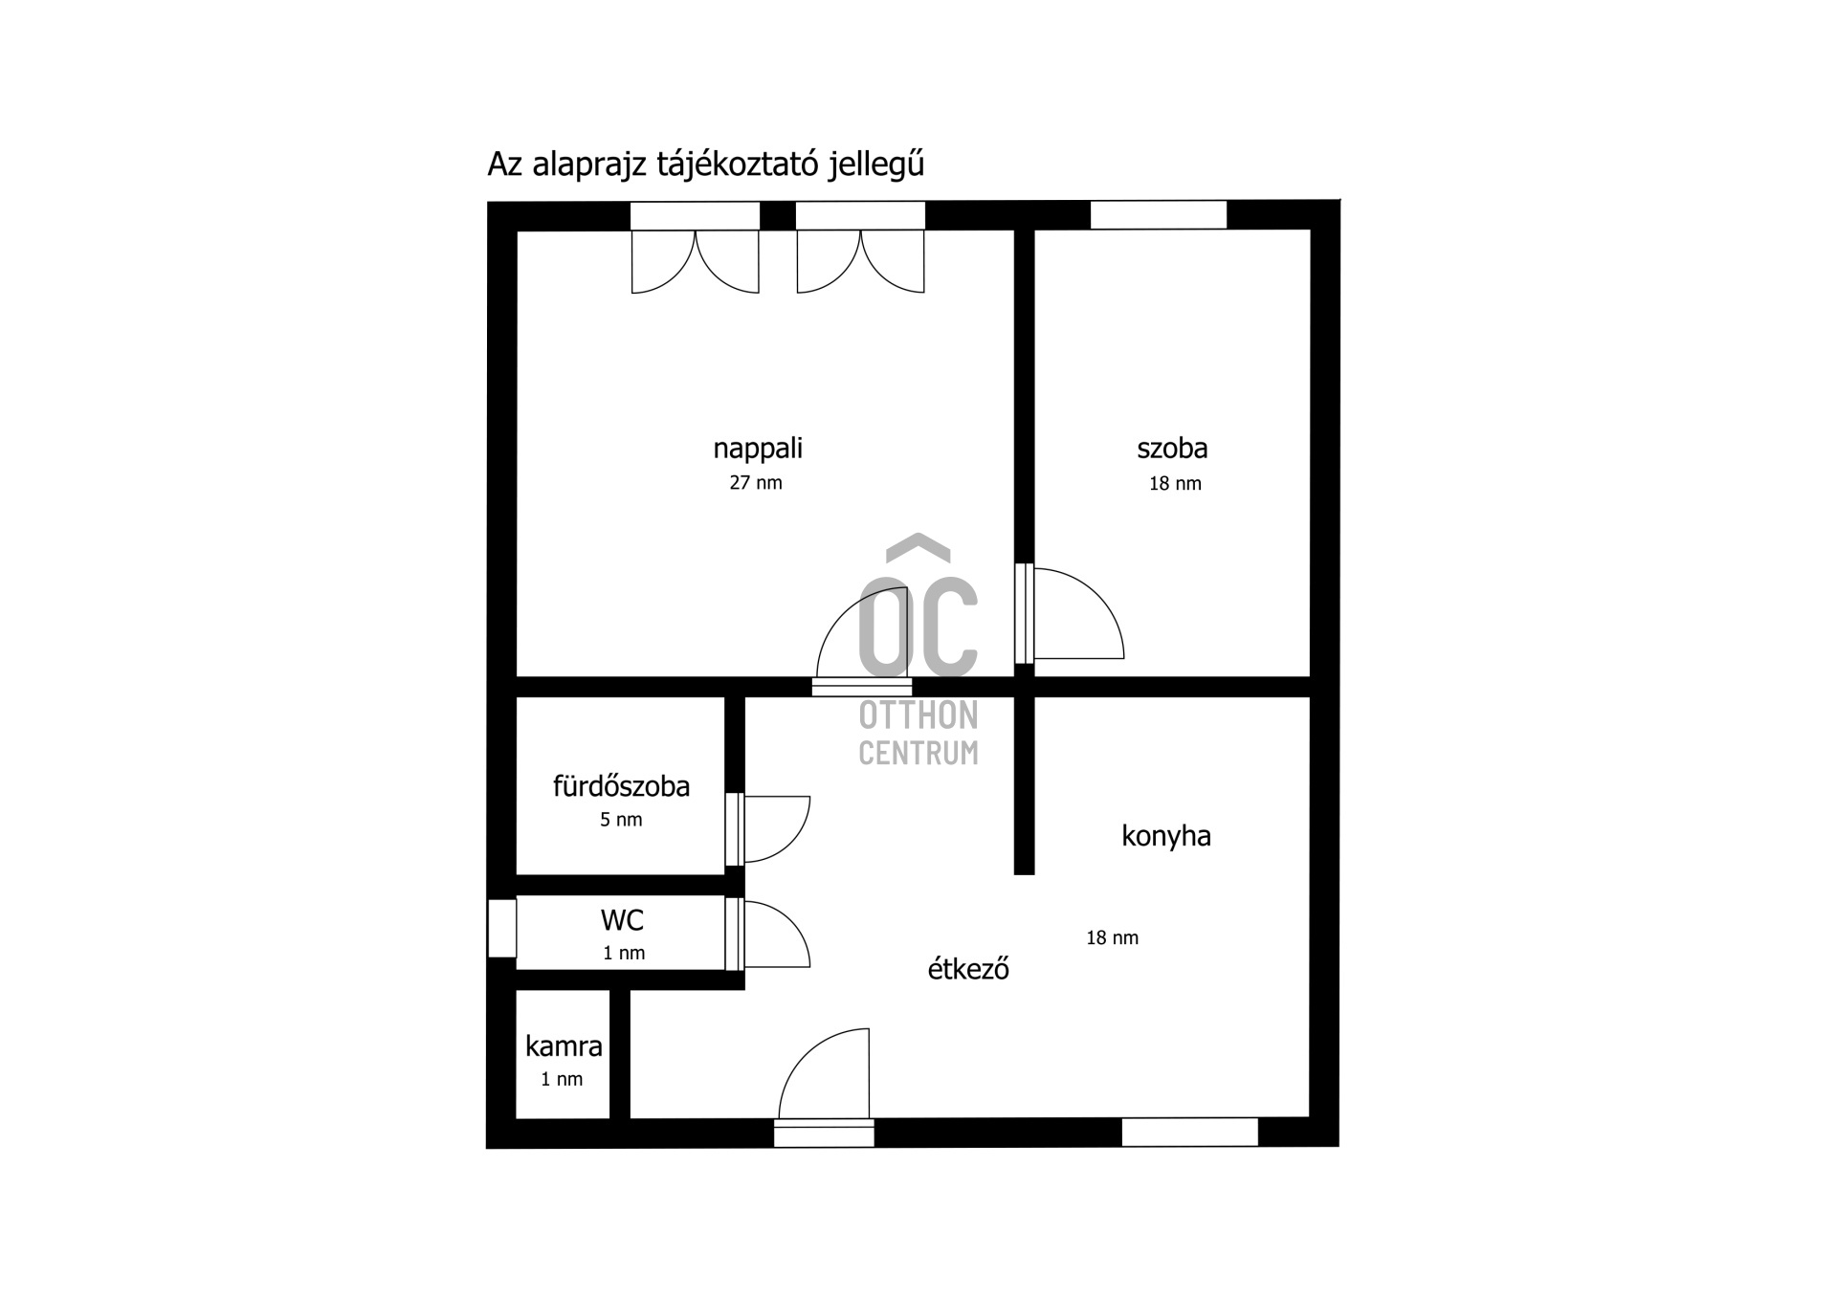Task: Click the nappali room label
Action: (x=758, y=450)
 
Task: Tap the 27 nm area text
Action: (x=756, y=483)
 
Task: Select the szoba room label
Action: (x=1172, y=449)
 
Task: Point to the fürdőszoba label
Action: (x=621, y=786)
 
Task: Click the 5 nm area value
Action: (x=621, y=820)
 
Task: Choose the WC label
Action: (x=622, y=920)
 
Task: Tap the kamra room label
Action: (x=564, y=1046)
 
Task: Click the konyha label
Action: (x=1166, y=837)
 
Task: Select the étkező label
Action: (x=968, y=969)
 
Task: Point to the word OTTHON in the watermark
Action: (x=918, y=715)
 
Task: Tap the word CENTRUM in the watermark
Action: (x=918, y=753)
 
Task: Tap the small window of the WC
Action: (x=502, y=928)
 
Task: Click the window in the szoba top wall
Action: (x=1159, y=215)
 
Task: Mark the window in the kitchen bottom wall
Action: (x=1189, y=1132)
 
